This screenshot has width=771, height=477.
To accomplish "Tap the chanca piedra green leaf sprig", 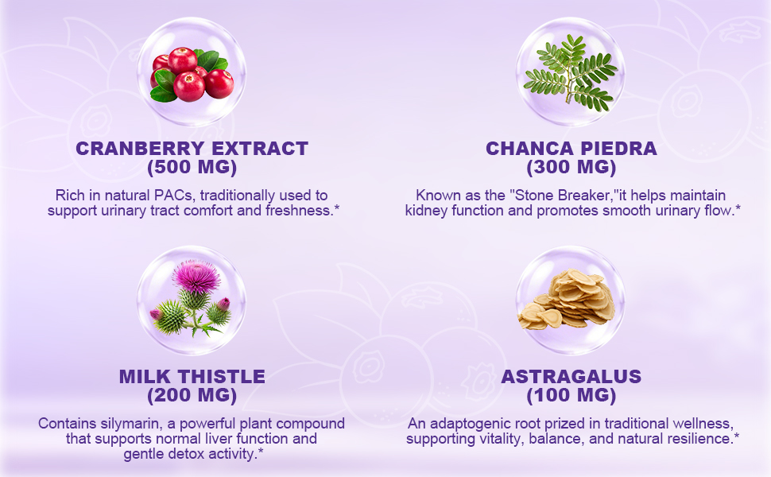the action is click(x=571, y=73).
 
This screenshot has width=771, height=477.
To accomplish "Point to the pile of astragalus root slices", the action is click(x=567, y=299).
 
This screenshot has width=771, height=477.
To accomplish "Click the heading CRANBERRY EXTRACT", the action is click(x=192, y=149).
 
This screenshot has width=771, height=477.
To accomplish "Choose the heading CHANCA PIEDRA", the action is click(x=571, y=149).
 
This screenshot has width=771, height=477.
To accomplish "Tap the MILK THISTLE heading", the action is click(x=192, y=377).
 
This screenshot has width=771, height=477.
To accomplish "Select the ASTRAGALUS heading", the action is click(x=571, y=377).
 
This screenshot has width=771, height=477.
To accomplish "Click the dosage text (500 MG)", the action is click(x=192, y=167).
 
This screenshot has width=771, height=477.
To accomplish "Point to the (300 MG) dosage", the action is click(x=571, y=167).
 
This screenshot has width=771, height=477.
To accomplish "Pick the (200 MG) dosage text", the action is click(x=192, y=395).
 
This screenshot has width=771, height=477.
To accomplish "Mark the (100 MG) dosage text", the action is click(x=571, y=395).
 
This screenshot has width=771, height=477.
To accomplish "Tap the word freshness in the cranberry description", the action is click(x=298, y=211).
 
